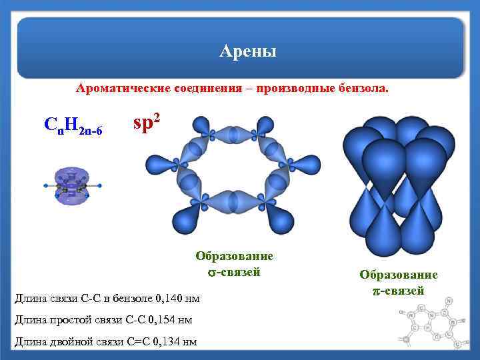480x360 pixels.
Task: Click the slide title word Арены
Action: tap(247, 51)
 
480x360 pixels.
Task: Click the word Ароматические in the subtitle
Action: tap(123, 88)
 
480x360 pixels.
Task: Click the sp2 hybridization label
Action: tap(147, 123)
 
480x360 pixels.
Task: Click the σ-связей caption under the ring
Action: tap(234, 272)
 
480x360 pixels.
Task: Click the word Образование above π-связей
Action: tap(399, 275)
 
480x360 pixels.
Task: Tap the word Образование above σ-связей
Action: tap(234, 256)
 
